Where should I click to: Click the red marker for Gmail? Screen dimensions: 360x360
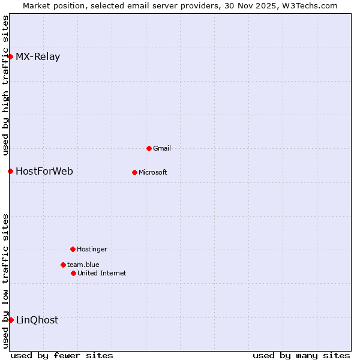point(149,148)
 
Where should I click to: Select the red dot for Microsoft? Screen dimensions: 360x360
point(134,172)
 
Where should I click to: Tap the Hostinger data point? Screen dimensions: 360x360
point(73,249)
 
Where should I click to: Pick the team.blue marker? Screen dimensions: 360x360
point(63,265)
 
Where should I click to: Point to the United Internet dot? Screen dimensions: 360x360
point(73,273)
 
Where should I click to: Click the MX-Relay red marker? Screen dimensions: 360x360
point(10,57)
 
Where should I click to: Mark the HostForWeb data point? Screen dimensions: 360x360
point(10,171)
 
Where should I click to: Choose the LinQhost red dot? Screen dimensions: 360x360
point(11,320)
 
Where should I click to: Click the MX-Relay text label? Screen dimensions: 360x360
point(38,57)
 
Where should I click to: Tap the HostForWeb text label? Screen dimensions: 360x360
point(44,171)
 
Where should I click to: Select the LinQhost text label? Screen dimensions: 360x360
point(37,320)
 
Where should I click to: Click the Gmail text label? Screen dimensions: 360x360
point(162,148)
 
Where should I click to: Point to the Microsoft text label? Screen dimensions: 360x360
point(153,172)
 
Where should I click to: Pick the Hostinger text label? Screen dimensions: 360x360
point(92,249)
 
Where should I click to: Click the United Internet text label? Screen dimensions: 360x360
point(102,273)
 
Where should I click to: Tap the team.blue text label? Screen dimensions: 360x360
point(83,265)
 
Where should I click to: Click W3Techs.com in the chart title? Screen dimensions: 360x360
point(310,5)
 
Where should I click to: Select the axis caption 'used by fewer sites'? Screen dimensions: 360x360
point(62,355)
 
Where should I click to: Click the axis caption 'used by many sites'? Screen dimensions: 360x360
point(301,355)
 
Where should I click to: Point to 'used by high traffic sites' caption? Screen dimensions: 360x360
point(5,85)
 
